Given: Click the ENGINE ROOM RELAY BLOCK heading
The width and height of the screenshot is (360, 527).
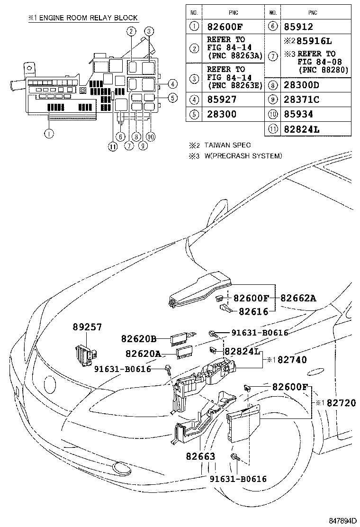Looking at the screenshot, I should click(x=83, y=18).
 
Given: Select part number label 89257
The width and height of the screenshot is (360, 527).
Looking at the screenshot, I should click(x=87, y=327).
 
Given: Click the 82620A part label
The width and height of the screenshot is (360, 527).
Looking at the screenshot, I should click(x=143, y=354).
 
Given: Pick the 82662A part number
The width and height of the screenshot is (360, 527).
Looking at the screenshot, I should click(x=298, y=298).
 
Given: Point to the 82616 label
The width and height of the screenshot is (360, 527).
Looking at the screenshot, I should click(x=253, y=311).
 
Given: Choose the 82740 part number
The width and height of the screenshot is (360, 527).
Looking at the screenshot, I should click(x=292, y=360).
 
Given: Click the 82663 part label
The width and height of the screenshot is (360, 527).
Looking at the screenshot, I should click(x=200, y=456).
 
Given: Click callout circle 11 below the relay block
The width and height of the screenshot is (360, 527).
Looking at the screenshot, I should click(x=112, y=146).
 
